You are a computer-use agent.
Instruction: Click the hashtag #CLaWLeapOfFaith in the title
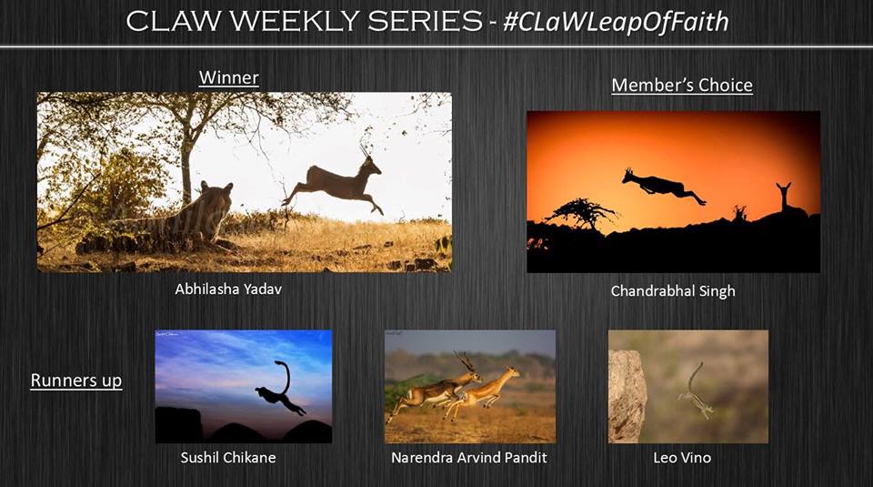coord(616,22)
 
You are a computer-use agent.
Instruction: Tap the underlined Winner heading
coord(229,77)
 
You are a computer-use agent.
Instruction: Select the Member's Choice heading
coord(682,86)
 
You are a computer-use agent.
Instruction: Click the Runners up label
coord(76,380)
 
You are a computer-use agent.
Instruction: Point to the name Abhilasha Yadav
coord(228,289)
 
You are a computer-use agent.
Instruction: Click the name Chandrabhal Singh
coord(673,291)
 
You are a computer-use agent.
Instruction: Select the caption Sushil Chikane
coord(228,458)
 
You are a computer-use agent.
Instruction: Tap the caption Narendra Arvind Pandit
coord(469,458)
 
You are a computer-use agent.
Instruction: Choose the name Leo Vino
coord(682,458)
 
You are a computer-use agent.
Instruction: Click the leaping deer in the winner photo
coord(336,183)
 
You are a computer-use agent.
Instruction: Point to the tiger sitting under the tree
coord(184,218)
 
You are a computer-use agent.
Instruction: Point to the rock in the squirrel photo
coord(627,396)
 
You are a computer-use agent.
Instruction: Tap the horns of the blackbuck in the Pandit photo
coord(464,361)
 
